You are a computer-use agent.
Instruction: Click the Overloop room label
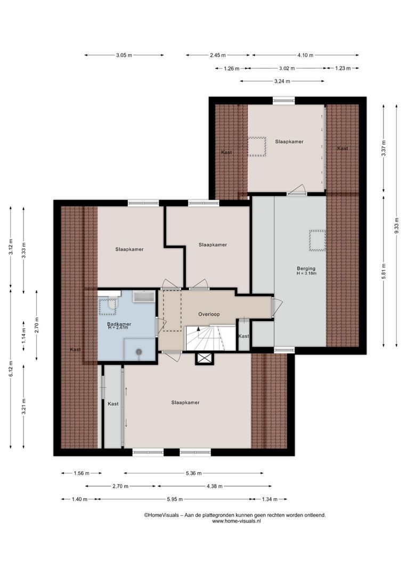209,314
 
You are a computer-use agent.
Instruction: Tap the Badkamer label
119,324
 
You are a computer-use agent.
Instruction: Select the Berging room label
306,268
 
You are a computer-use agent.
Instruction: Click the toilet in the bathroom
111,304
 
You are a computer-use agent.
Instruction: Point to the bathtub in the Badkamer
144,297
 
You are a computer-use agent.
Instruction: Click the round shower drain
139,351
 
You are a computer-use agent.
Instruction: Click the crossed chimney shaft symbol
204,358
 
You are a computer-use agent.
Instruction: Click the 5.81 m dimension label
384,271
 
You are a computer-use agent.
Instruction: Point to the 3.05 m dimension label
124,55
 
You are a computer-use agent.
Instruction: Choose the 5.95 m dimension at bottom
175,499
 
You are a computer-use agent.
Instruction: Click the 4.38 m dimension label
215,486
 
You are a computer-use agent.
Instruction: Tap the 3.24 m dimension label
282,81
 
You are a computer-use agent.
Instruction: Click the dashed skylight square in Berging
318,241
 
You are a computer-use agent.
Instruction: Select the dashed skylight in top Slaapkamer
257,147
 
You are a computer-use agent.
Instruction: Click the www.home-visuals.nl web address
237,521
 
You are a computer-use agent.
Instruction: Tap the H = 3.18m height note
307,273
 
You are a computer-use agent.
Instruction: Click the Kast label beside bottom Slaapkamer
113,404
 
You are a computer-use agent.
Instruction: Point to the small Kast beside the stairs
243,336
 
